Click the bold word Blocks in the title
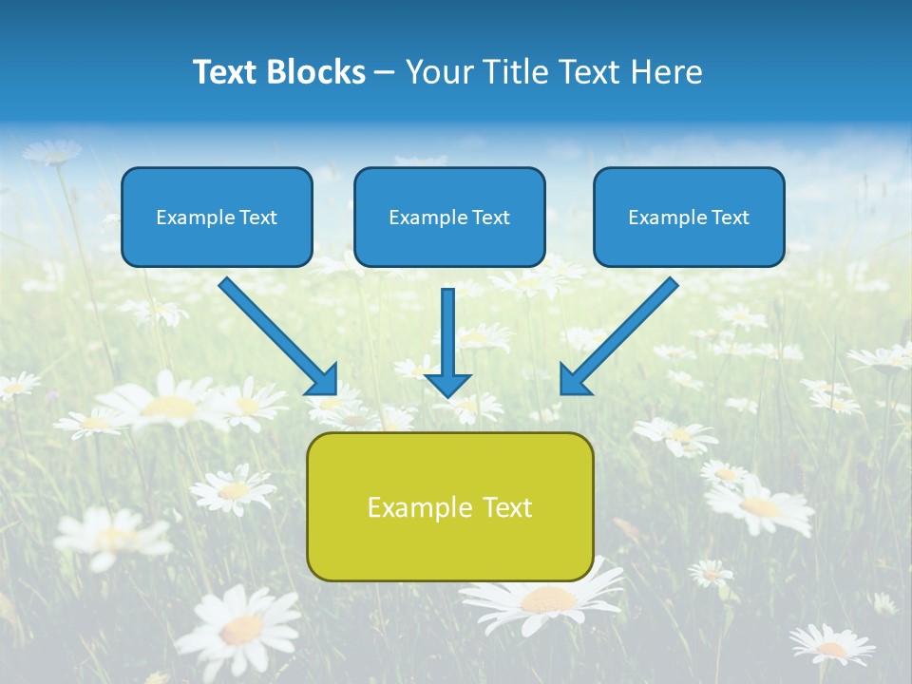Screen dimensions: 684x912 tap(317, 72)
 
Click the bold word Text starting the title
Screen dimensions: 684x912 tap(228, 72)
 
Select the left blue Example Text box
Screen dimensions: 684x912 tap(217, 217)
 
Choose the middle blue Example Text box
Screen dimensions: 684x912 tap(449, 217)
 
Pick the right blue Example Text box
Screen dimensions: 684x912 tap(689, 217)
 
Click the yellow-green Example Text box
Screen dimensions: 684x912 tap(449, 506)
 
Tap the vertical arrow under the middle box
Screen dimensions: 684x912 tap(448, 332)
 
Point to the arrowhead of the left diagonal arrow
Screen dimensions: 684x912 tap(323, 379)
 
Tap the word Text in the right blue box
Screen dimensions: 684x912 tap(729, 218)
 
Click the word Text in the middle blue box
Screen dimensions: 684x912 tap(490, 218)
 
